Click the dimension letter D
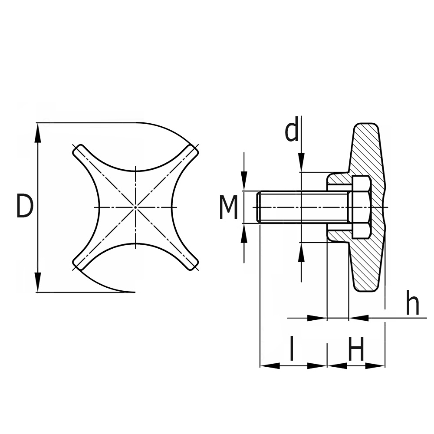pos(24,207)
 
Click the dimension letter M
pos(228,207)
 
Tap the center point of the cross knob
pos(136,207)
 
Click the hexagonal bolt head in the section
pos(360,207)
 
